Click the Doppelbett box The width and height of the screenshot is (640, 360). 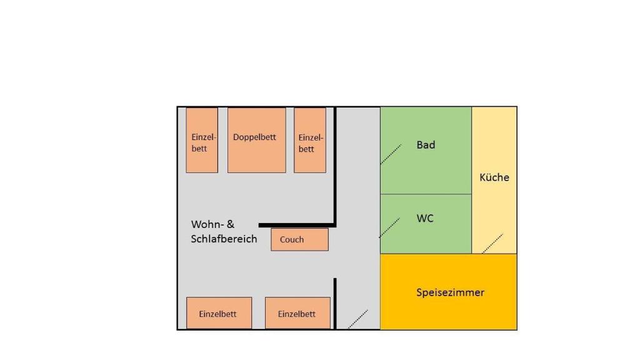pos(256,140)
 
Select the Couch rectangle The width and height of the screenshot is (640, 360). pos(299,239)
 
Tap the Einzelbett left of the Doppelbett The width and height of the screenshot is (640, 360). pos(202,140)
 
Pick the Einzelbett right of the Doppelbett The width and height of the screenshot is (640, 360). pos(310,140)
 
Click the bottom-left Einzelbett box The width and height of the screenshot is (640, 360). pos(219,313)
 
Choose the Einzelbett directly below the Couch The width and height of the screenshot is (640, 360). pos(297,313)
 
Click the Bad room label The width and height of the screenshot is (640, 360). pos(426,145)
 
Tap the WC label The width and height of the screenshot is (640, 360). pos(425,219)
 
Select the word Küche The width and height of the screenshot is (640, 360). pos(494,177)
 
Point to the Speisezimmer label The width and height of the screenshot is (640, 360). pos(450,292)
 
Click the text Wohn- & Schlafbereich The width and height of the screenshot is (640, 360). pos(224,231)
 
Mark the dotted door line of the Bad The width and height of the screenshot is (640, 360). pos(391,154)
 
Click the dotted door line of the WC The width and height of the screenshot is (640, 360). pos(389,227)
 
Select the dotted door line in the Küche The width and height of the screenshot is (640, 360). pos(492,243)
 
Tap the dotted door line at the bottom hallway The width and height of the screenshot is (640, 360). pos(357,319)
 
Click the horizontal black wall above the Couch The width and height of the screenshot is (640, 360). pos(296,225)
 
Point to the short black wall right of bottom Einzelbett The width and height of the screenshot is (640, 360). pos(335,303)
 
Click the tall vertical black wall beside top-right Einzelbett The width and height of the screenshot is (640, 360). pos(335,166)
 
